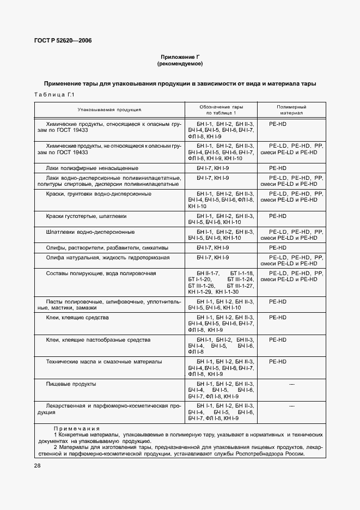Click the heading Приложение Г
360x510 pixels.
point(180,57)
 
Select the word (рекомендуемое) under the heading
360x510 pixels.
point(180,64)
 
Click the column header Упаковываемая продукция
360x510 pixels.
point(109,110)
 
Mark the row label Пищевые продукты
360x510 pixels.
point(71,384)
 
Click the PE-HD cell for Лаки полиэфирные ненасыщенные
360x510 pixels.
point(278,168)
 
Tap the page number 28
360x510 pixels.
point(38,465)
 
